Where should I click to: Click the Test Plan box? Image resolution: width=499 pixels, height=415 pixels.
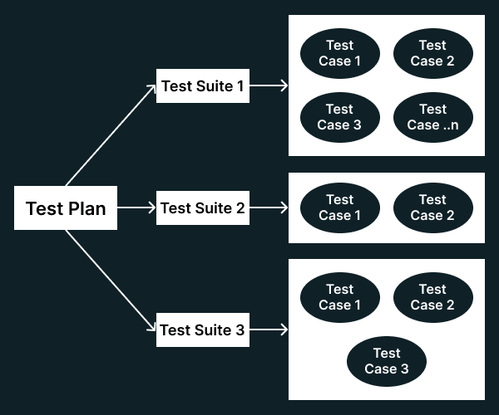[66, 207]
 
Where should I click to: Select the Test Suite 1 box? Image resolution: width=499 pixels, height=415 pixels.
[202, 85]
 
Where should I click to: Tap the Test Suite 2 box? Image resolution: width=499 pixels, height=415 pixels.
[202, 207]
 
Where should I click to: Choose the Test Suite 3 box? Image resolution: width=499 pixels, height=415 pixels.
[202, 330]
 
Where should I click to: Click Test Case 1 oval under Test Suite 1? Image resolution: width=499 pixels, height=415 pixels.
[339, 53]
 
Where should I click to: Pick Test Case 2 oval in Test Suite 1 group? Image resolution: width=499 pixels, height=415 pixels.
[432, 53]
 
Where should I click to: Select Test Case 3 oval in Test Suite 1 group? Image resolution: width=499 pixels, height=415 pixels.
[339, 117]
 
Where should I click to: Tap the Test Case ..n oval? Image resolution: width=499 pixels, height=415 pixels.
[432, 117]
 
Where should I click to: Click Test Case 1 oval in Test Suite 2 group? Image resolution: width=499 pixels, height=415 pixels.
[339, 207]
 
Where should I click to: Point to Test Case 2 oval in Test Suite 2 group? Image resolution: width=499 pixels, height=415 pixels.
[432, 207]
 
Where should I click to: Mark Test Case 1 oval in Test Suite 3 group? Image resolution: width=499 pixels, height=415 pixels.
[339, 297]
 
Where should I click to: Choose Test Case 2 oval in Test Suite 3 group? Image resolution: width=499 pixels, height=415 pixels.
[432, 297]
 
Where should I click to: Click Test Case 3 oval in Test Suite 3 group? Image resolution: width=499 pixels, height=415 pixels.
[386, 361]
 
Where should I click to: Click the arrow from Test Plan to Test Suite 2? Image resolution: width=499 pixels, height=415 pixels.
[136, 207]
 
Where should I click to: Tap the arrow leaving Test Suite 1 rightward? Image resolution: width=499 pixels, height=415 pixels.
[269, 85]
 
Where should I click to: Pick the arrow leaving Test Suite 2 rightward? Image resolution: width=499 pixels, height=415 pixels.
[269, 207]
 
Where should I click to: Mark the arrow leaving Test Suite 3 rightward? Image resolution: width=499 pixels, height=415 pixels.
[269, 330]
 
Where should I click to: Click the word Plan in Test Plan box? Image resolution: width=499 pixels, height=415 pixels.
[87, 208]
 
